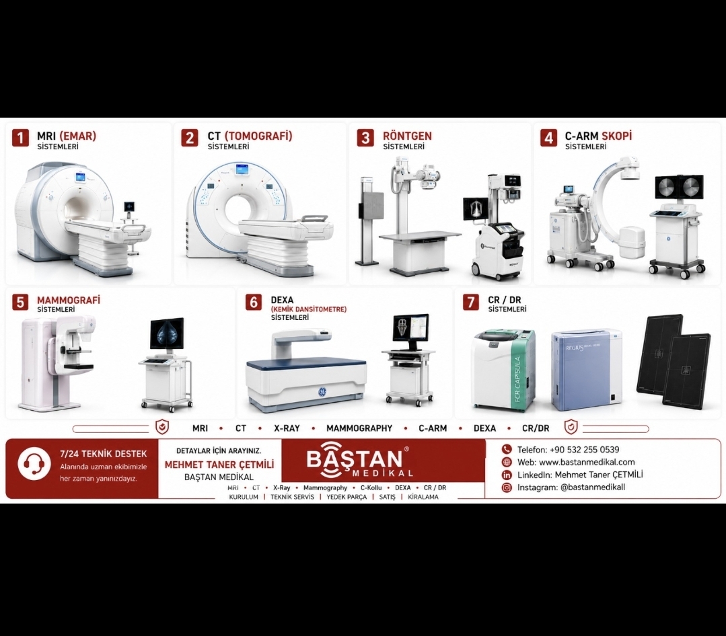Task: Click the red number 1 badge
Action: click(20, 138)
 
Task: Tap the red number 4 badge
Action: click(548, 138)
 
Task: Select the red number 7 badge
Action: click(471, 302)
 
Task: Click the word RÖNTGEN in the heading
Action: click(407, 136)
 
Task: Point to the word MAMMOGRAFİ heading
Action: click(69, 300)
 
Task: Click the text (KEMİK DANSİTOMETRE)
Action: click(308, 309)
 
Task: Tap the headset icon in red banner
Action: click(34, 463)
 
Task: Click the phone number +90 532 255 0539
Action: click(584, 450)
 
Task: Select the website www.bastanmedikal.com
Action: click(587, 462)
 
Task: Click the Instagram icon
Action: click(507, 487)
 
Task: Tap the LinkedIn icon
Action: click(507, 475)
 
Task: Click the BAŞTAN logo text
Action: click(354, 459)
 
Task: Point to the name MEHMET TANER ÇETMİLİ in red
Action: click(219, 465)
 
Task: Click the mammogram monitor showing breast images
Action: click(167, 333)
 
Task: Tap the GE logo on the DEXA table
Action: click(322, 392)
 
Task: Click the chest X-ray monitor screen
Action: click(476, 209)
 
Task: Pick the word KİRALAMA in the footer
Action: click(423, 497)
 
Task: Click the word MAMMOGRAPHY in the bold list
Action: click(359, 428)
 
